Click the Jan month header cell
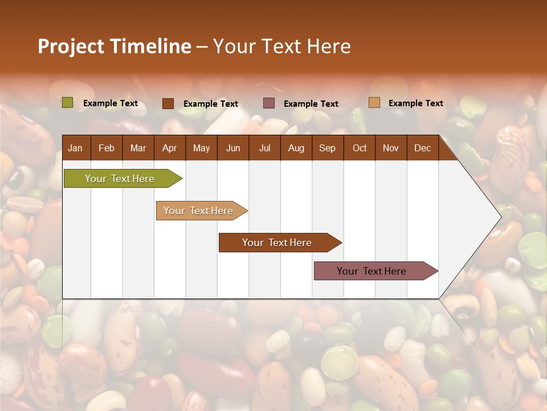pyautogui.click(x=75, y=148)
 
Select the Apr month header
pyautogui.click(x=169, y=148)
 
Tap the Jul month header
pyautogui.click(x=264, y=148)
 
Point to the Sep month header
pyautogui.click(x=327, y=148)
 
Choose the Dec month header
pyautogui.click(x=422, y=148)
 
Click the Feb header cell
pyautogui.click(x=107, y=148)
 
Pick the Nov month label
pyautogui.click(x=390, y=148)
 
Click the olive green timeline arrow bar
pyautogui.click(x=120, y=179)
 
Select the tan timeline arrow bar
pyautogui.click(x=198, y=211)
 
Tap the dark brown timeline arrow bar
pyautogui.click(x=277, y=243)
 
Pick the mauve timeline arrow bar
pyautogui.click(x=372, y=271)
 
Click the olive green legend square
pyautogui.click(x=67, y=103)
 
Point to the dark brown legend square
pyautogui.click(x=168, y=103)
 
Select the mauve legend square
pyautogui.click(x=269, y=103)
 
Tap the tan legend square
pyautogui.click(x=374, y=103)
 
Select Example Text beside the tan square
pyautogui.click(x=415, y=103)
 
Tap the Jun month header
pyautogui.click(x=233, y=148)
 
